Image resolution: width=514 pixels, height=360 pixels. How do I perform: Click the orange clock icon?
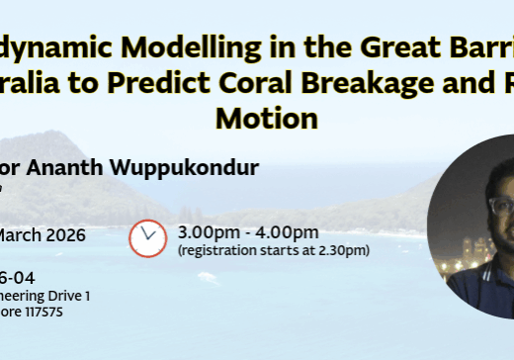tap(148, 237)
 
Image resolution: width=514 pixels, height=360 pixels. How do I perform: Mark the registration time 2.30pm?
tap(342, 250)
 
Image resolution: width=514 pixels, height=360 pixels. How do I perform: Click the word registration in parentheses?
tap(218, 250)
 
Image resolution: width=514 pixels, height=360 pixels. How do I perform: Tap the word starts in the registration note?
tap(282, 250)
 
